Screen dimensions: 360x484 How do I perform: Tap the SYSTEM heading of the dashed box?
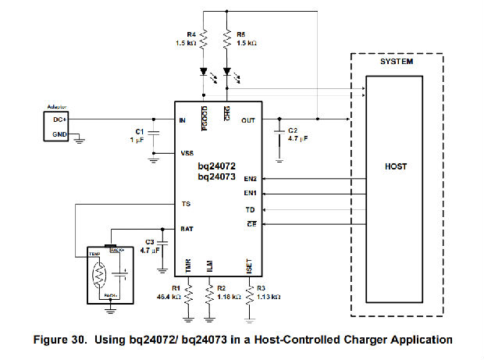point(397,62)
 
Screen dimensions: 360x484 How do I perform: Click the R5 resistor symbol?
point(227,39)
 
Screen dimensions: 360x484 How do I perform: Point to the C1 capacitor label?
point(140,130)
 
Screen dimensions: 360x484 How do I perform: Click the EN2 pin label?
point(251,180)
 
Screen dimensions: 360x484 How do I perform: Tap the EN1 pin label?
point(251,194)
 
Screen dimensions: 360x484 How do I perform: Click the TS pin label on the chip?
point(184,204)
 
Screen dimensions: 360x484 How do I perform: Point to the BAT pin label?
point(186,229)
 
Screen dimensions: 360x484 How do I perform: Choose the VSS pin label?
point(187,153)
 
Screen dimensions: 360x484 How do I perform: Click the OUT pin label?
point(248,120)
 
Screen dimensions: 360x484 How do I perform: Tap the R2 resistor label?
point(221,289)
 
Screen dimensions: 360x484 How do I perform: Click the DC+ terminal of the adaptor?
point(59,119)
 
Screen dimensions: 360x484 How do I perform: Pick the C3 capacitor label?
point(151,241)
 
